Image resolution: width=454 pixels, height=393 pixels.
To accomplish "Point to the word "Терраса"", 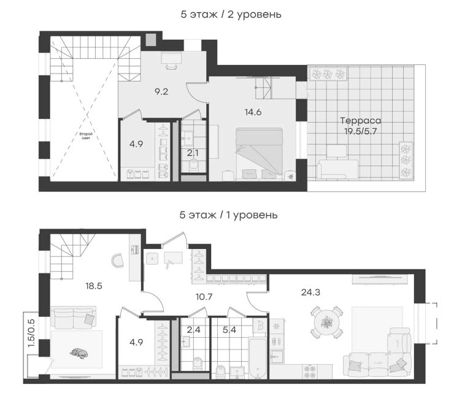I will [360, 121].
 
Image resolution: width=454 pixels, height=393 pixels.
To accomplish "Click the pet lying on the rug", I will [78, 353].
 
